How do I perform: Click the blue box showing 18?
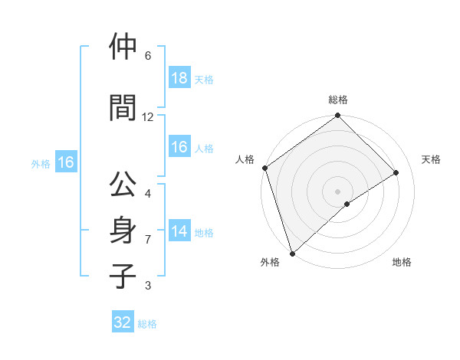179,78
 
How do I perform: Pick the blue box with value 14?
179,232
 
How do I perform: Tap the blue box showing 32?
123,322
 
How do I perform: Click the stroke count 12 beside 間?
148,117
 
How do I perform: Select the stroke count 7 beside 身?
148,240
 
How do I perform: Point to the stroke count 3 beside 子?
148,286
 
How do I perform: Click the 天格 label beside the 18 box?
204,79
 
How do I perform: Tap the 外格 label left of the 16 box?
41,163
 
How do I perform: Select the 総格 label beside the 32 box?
147,324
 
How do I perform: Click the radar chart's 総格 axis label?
337,100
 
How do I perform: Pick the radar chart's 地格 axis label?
402,262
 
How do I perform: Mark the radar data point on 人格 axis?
264,168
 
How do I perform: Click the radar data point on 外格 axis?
291,253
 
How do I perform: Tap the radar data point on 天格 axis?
396,172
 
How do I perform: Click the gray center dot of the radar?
337,191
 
